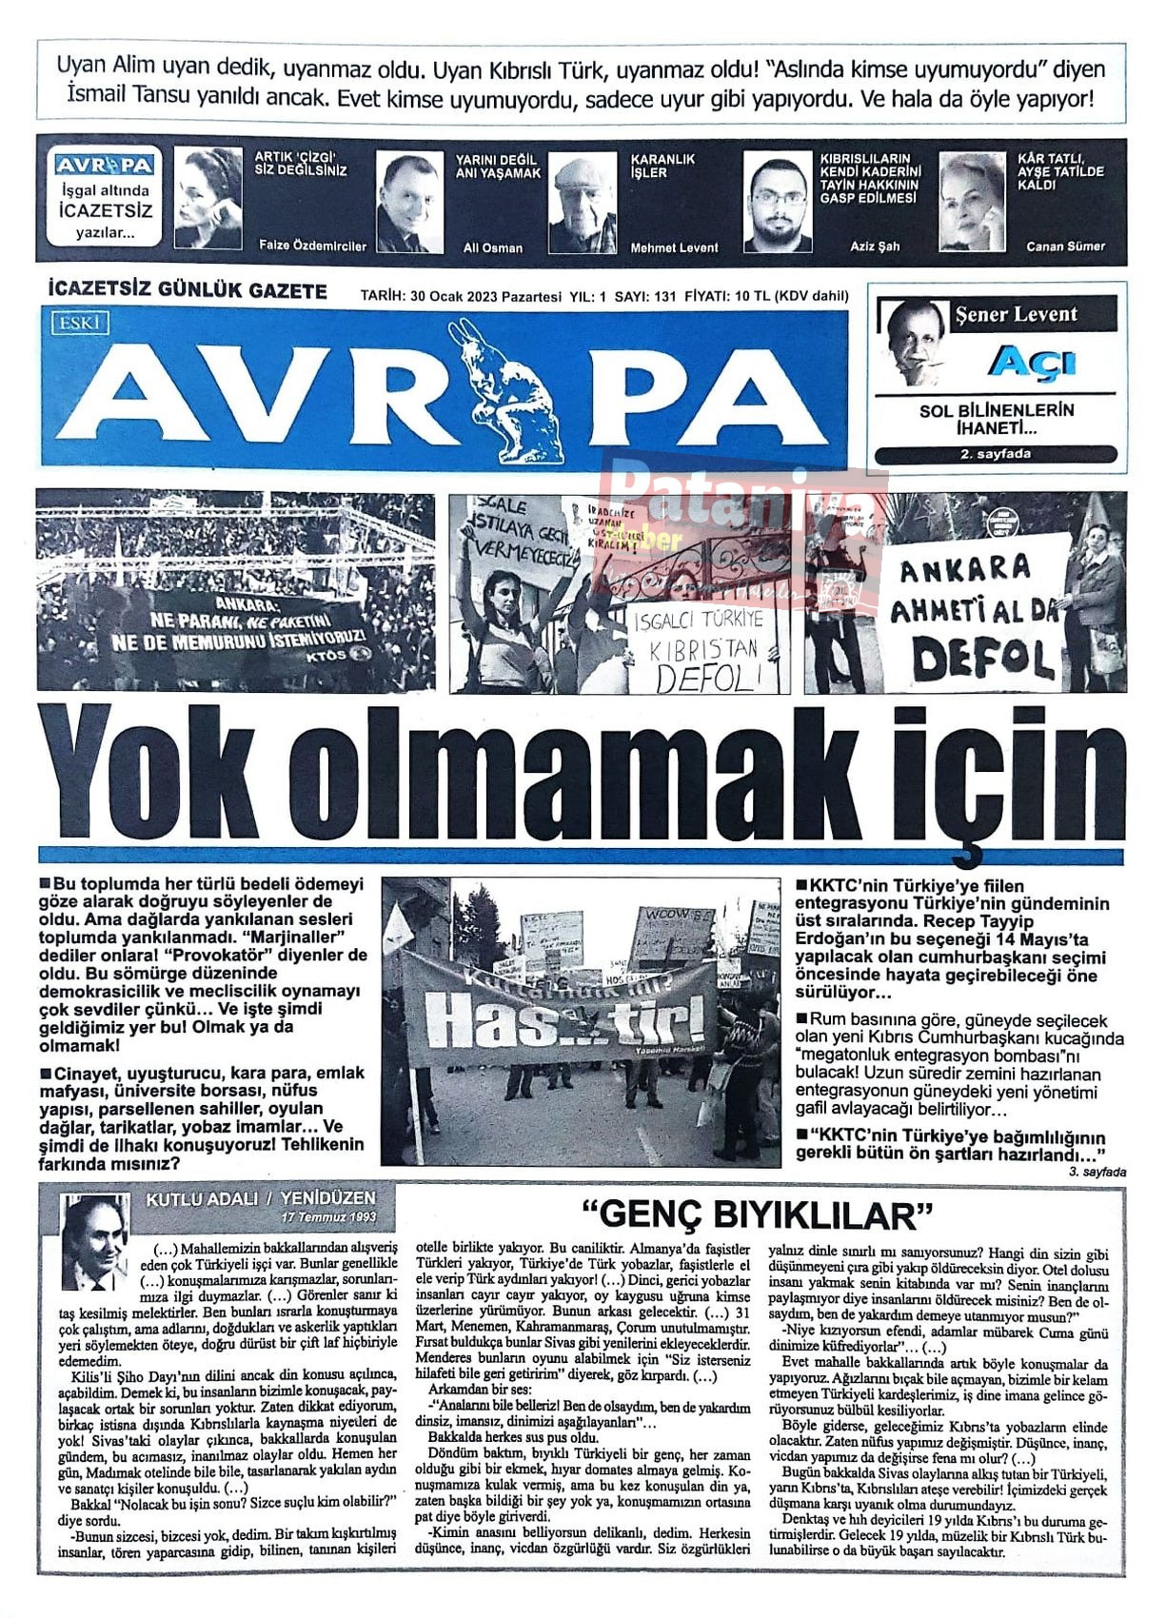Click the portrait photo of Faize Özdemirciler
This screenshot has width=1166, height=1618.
pyautogui.click(x=208, y=198)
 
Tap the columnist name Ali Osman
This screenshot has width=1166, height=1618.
pyautogui.click(x=492, y=247)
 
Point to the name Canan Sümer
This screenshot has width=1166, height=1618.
pyautogui.click(x=1065, y=246)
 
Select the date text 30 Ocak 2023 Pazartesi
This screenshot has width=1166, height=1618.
pyautogui.click(x=485, y=296)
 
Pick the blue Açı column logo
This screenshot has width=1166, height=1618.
pyautogui.click(x=1032, y=363)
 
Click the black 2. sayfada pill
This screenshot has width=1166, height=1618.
pyautogui.click(x=996, y=455)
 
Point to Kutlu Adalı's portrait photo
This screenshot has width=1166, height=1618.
pyautogui.click(x=95, y=1240)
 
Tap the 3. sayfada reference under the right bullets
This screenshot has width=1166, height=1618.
pyautogui.click(x=1097, y=1172)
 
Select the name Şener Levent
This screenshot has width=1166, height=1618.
pyautogui.click(x=1016, y=314)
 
